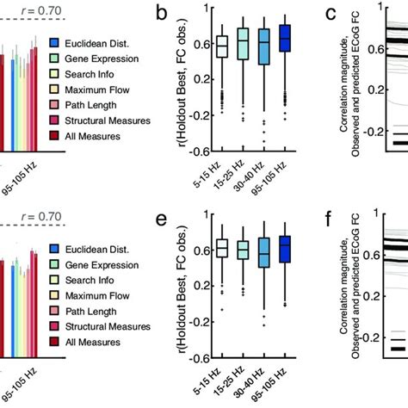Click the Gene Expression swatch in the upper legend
tap(54, 58)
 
